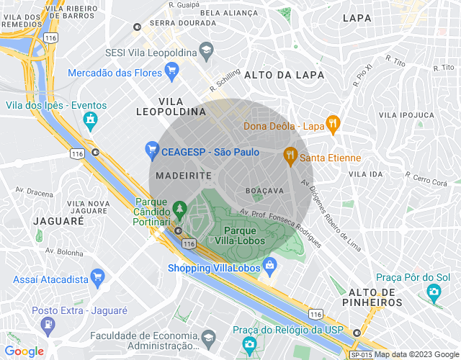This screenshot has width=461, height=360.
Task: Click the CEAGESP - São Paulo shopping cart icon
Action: tap(151, 150)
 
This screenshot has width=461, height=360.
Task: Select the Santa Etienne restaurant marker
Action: tap(290, 155)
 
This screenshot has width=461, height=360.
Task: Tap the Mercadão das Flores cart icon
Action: tap(171, 70)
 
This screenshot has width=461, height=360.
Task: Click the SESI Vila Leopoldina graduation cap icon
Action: tap(206, 50)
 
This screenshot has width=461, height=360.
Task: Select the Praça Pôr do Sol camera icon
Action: tap(434, 292)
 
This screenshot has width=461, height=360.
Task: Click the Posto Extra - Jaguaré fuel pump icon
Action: tap(48, 323)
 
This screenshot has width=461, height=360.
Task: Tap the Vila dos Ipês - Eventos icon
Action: tap(90, 121)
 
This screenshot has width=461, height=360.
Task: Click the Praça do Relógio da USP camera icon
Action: tap(249, 344)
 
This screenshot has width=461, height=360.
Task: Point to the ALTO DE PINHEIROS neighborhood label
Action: tap(375, 297)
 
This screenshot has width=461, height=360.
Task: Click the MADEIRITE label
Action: tap(183, 176)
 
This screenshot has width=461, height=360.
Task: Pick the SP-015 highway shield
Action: tap(361, 354)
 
